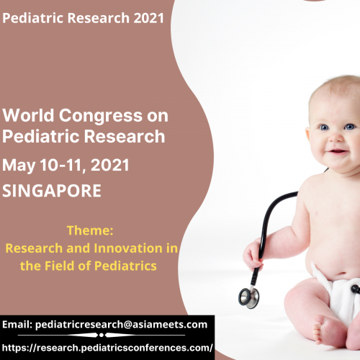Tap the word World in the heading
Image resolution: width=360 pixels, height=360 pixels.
(x=27, y=114)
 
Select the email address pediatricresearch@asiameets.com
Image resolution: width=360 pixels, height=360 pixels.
(x=126, y=325)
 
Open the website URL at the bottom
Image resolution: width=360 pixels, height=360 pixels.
(x=108, y=347)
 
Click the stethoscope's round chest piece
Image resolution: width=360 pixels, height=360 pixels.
(x=248, y=296)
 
